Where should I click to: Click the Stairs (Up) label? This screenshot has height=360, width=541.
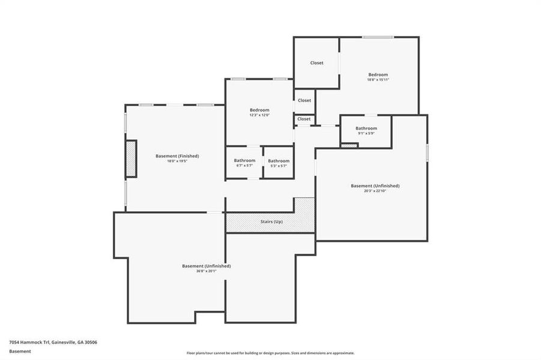pos(271,222)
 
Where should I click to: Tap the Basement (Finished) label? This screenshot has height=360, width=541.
pos(177,156)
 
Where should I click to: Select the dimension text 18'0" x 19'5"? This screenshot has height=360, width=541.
pos(177,161)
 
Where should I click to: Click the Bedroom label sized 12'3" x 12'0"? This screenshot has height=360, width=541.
pos(259,110)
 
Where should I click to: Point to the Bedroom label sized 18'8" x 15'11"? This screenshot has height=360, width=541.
pos(378,74)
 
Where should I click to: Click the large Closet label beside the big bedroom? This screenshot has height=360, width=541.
pos(316,63)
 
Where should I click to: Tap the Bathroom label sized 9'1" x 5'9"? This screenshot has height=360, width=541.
pos(366,128)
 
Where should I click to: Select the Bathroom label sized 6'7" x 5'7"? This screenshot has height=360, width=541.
pos(244,160)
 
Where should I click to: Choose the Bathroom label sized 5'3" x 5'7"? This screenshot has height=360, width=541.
pos(279,161)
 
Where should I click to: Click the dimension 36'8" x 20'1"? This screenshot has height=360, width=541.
pos(206,271)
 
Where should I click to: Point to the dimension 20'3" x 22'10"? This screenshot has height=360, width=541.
pos(375,191)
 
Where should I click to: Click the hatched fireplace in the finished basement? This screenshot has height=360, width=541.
pos(131,158)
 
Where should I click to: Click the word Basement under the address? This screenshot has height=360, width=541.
pos(20,351)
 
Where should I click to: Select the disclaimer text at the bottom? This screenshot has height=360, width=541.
pos(270,353)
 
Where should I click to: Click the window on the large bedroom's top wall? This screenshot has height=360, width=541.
pos(378,37)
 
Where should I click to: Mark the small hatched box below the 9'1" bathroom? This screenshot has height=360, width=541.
pos(349,145)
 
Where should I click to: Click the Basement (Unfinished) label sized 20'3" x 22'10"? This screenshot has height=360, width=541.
pos(375,186)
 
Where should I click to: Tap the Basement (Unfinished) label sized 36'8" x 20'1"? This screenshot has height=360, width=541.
pos(206,266)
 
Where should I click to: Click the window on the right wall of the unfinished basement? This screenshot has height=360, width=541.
pos(427,152)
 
